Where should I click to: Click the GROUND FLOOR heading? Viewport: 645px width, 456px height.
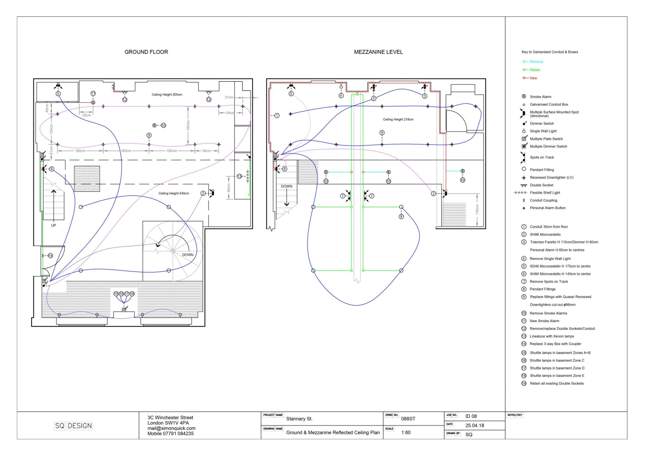(146, 52)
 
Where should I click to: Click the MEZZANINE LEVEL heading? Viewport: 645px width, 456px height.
(378, 52)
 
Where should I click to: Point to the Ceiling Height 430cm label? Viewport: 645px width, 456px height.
(174, 193)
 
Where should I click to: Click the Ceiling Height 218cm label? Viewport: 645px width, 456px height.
(398, 119)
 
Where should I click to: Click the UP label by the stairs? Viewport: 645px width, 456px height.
(53, 225)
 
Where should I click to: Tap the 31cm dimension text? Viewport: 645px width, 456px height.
(229, 97)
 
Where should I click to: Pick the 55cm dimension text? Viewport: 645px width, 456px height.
(87, 115)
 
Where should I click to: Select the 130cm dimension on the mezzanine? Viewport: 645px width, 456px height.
(477, 210)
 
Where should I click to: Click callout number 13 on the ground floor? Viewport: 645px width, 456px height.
(239, 176)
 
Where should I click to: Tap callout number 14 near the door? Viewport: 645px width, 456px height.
(50, 256)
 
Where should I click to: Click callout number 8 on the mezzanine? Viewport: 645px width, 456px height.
(401, 216)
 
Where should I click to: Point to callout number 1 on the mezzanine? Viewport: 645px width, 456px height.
(277, 116)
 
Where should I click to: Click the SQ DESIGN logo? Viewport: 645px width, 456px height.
(73, 426)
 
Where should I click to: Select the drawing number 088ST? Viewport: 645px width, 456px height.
(408, 419)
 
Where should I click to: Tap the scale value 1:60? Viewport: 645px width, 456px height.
(406, 432)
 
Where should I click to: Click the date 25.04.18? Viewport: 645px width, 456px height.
(475, 425)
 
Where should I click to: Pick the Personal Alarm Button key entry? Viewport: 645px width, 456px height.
(548, 208)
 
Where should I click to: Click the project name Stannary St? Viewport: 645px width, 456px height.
(299, 419)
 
